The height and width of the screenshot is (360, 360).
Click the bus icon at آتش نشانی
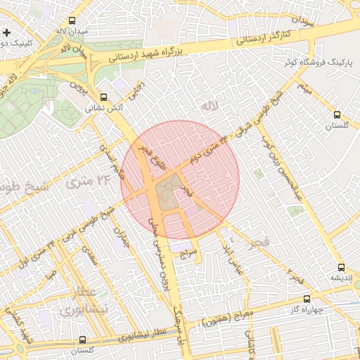pos(104,97)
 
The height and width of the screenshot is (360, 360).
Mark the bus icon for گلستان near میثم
pos(337,115)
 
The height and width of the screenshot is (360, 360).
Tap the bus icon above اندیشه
pos(341,267)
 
